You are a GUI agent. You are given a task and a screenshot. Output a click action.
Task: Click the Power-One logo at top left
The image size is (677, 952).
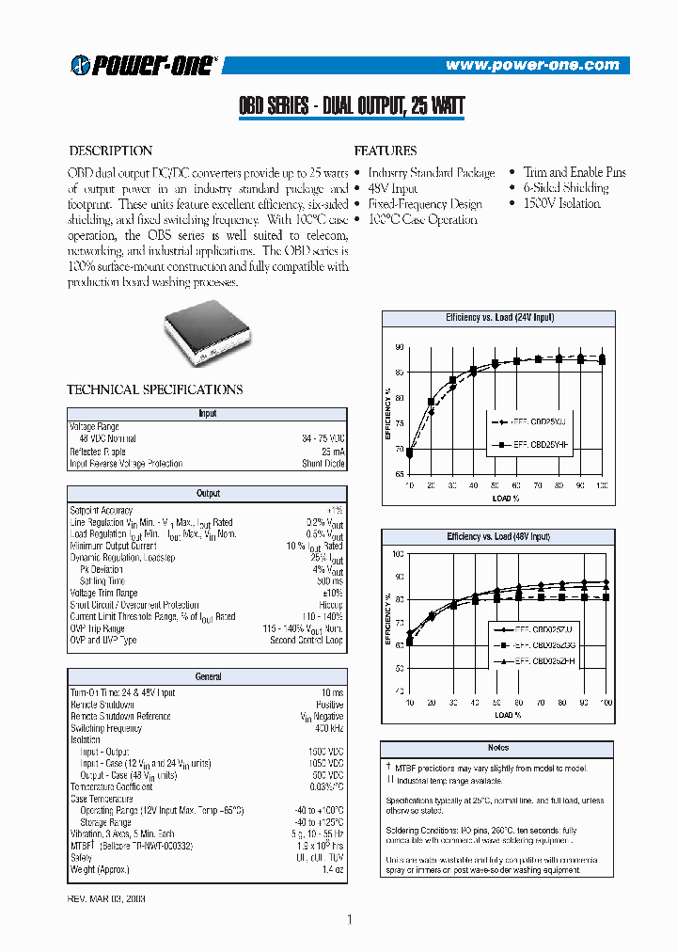pyautogui.click(x=144, y=64)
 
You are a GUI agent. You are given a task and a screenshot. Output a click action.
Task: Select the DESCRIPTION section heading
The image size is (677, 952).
pyautogui.click(x=111, y=151)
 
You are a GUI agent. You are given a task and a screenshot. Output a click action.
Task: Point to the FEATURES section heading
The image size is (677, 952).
pyautogui.click(x=385, y=151)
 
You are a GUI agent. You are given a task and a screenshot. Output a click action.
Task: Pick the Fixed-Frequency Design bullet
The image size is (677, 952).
pyautogui.click(x=425, y=204)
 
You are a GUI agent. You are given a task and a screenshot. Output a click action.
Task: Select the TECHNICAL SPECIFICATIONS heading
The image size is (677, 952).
pyautogui.click(x=155, y=389)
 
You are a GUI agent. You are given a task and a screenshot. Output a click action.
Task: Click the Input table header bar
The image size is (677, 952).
pyautogui.click(x=207, y=414)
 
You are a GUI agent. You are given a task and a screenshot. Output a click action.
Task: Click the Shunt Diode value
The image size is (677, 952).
pyautogui.click(x=323, y=463)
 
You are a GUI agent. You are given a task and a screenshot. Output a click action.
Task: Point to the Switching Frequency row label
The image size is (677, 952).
pyautogui.click(x=105, y=728)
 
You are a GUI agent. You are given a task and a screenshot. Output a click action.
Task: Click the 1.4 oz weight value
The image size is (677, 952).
pyautogui.click(x=332, y=869)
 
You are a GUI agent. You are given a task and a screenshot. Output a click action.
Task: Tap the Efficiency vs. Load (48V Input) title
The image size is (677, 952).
pyautogui.click(x=498, y=536)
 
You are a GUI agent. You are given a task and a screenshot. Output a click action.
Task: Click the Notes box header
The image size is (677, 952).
pyautogui.click(x=498, y=747)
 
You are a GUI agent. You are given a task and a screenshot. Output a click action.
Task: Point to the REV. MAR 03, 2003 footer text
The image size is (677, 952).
pyautogui.click(x=108, y=898)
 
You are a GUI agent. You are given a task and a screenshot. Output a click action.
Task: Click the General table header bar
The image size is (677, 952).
pyautogui.click(x=207, y=676)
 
